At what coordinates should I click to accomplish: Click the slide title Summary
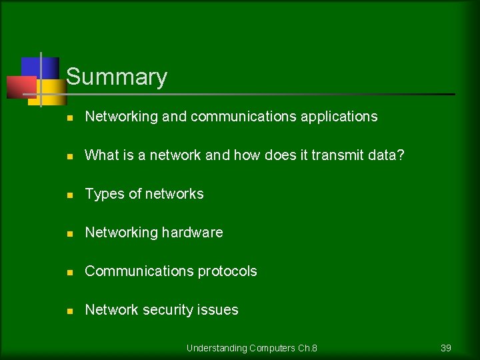[x=117, y=77]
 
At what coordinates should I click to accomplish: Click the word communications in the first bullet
[x=243, y=117]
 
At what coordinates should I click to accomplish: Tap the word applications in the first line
[x=339, y=117]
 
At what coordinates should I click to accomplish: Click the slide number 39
[x=446, y=348]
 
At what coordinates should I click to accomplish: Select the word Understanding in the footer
[x=217, y=348]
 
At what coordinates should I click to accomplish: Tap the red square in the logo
[x=20, y=87]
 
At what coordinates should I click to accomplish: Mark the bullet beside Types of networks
[x=69, y=195]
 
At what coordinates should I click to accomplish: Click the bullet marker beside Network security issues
[x=69, y=311]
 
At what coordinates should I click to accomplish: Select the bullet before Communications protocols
[x=69, y=272]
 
